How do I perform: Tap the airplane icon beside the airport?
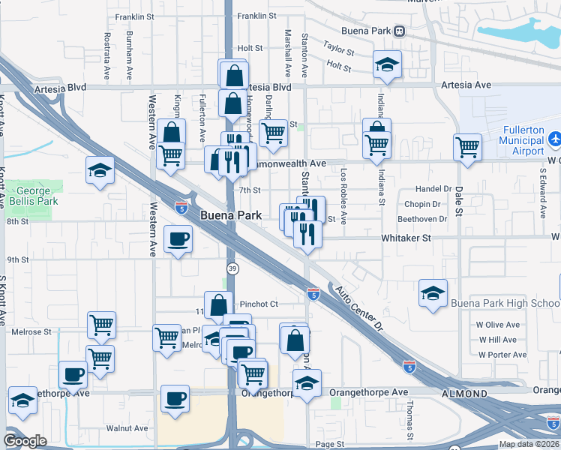tap(555, 139)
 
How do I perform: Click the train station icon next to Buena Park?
tap(400, 31)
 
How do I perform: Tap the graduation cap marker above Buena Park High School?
tap(433, 293)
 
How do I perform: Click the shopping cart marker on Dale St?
tap(467, 147)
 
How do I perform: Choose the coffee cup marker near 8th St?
tap(177, 240)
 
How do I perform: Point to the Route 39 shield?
tap(232, 268)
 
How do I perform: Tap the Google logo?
tap(25, 441)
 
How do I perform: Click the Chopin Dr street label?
tap(420, 204)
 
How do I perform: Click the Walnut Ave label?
tap(127, 428)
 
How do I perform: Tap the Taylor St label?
tap(339, 49)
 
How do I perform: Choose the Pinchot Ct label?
tap(259, 304)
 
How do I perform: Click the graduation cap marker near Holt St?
tap(388, 64)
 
